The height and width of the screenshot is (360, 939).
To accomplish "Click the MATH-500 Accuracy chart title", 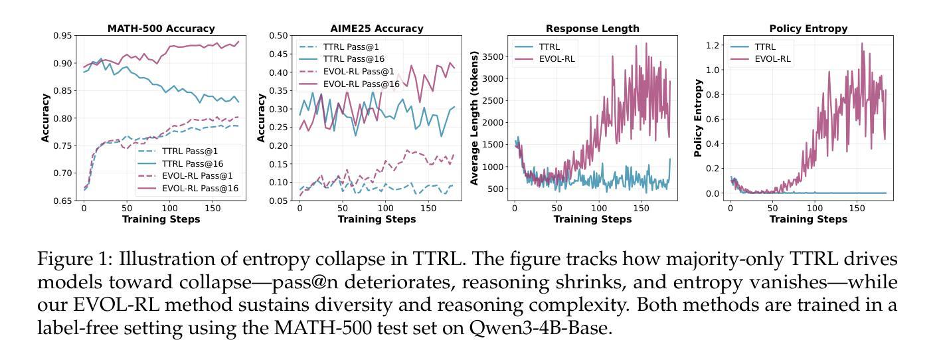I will [161, 29].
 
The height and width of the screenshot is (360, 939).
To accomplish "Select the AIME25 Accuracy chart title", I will [377, 29].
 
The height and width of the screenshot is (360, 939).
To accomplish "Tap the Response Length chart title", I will [592, 29].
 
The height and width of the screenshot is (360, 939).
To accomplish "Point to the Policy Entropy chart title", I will [808, 29].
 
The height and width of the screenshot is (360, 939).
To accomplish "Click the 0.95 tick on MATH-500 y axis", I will [64, 36].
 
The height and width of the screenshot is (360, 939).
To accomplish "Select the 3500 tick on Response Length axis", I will [493, 57].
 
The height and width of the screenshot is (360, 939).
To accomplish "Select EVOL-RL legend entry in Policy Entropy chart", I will [772, 59].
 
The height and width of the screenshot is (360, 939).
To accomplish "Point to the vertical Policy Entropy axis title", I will [698, 118].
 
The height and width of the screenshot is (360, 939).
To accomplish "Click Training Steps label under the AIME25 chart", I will [377, 219].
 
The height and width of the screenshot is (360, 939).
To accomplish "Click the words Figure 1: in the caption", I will [74, 258].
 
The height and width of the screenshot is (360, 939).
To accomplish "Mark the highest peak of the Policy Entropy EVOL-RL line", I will [843, 44].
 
